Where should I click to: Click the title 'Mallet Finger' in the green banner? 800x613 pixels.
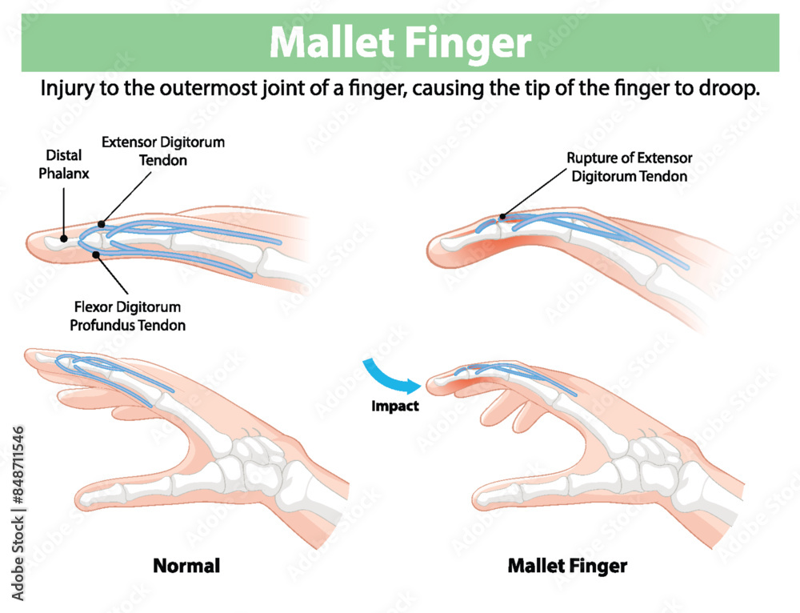pos(400,42)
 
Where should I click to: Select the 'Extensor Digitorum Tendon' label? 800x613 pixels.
pos(163,150)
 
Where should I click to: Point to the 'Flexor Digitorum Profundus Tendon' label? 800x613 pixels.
pos(127,316)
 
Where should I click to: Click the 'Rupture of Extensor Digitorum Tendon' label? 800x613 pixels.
pos(630,167)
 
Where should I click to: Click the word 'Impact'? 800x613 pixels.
pos(395,406)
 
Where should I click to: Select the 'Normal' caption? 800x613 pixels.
pos(186,566)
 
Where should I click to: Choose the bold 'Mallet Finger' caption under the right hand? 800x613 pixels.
pos(567,566)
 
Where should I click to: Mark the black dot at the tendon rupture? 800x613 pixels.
pos(502,216)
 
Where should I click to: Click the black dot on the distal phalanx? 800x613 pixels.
pos(63,238)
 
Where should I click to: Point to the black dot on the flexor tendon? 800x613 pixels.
pos(96,254)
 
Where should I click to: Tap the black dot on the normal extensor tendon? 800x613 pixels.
pos(102,225)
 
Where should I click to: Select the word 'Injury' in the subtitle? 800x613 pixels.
pos(66,90)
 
